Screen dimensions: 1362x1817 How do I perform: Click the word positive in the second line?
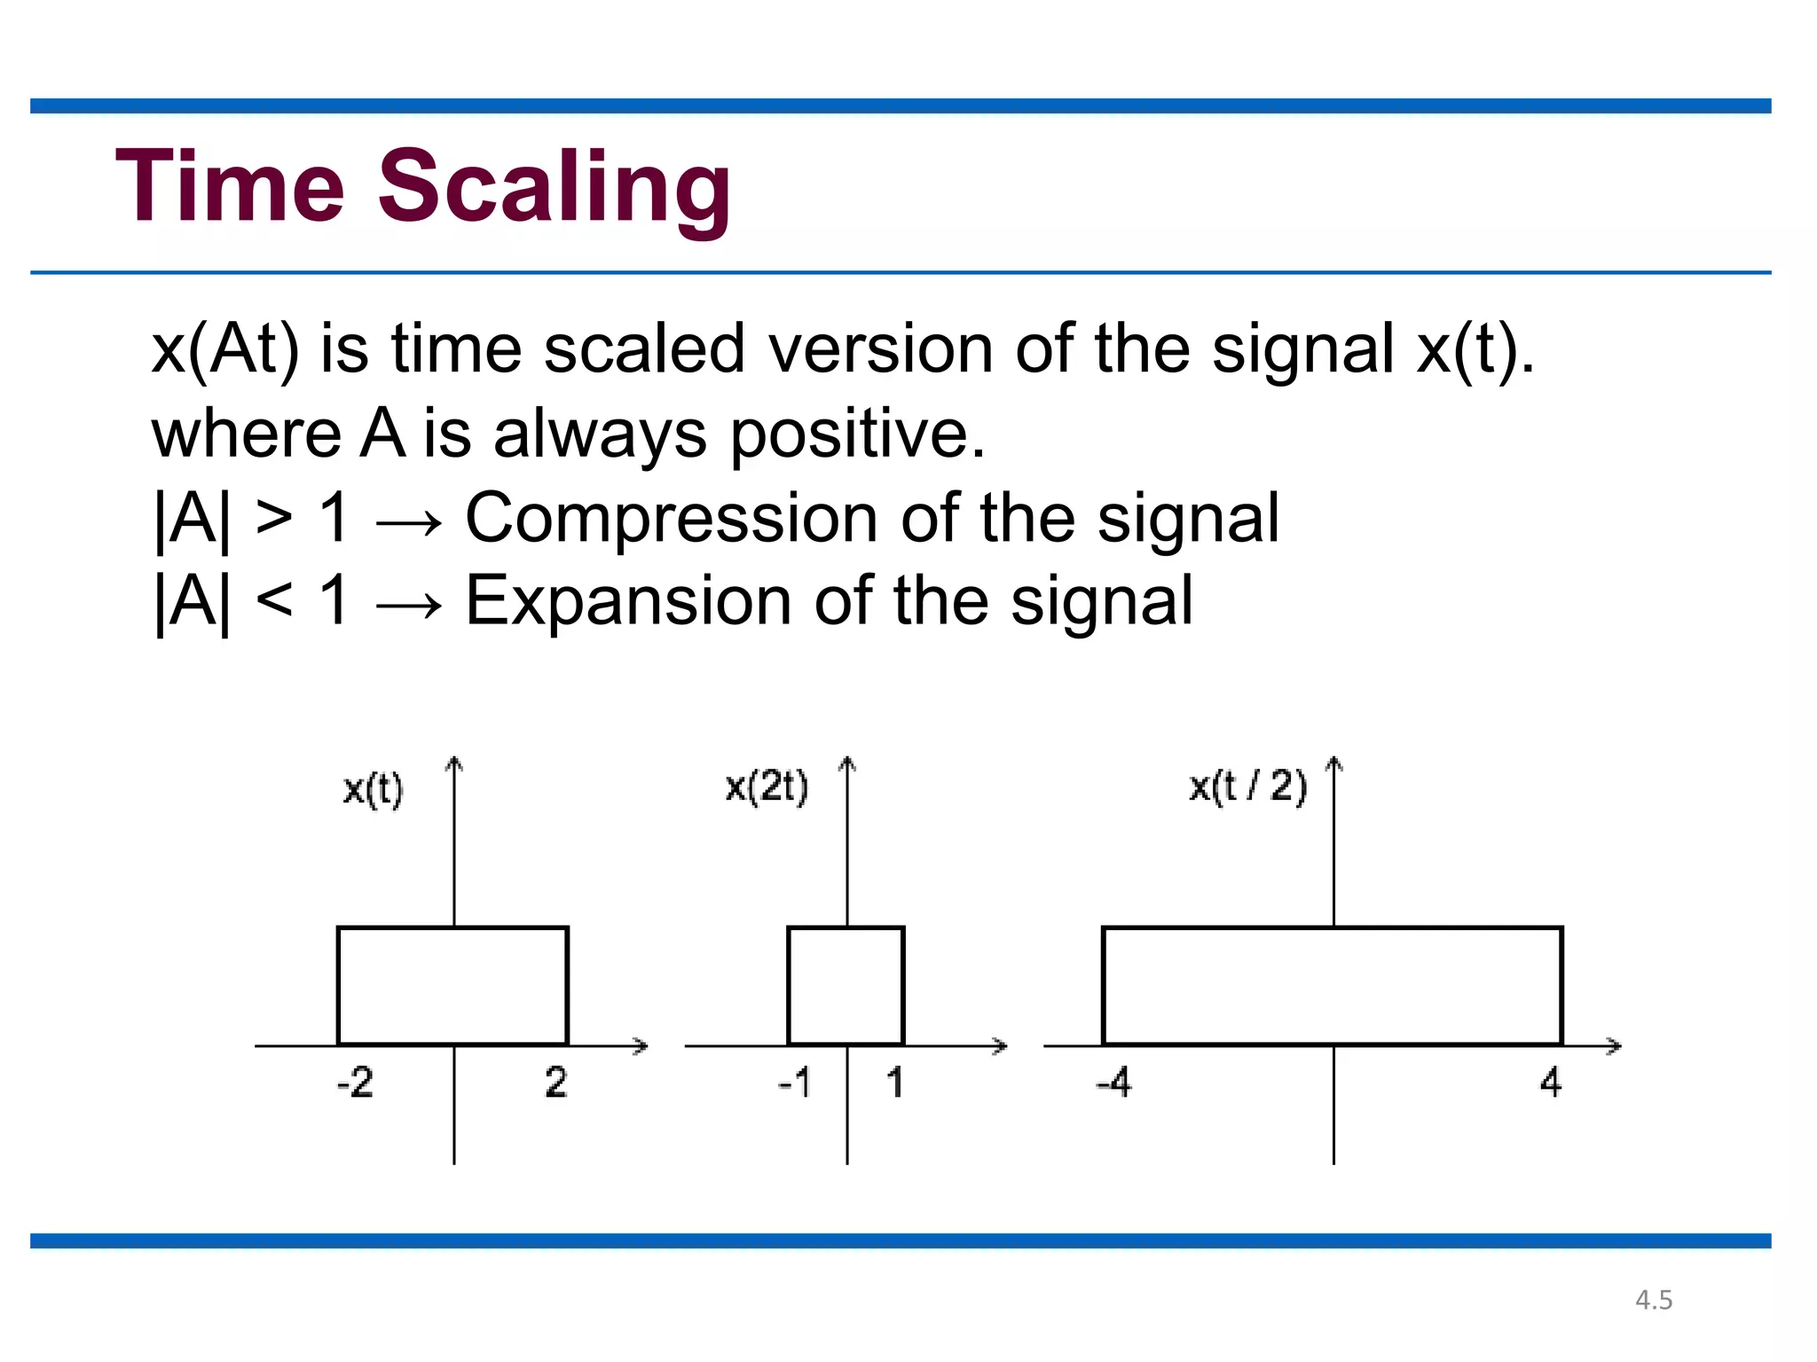(856, 434)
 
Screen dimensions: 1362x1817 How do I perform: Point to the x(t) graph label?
(373, 788)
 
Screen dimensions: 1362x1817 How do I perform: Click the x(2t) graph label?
(767, 787)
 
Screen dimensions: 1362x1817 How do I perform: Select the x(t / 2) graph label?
(1247, 787)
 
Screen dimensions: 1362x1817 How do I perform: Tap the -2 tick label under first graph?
(355, 1082)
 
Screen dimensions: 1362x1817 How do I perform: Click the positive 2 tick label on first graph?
(556, 1082)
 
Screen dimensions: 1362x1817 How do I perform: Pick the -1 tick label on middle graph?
(794, 1083)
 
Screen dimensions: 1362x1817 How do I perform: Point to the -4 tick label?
(1113, 1083)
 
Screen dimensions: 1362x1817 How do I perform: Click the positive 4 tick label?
(1551, 1082)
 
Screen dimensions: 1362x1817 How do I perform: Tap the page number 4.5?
(1654, 1300)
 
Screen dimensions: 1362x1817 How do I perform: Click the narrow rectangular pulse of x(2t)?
(846, 986)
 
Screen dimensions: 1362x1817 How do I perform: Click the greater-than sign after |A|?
(274, 518)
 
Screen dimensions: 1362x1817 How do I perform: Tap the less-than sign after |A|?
(274, 600)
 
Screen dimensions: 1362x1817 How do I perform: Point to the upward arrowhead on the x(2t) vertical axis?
(847, 763)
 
